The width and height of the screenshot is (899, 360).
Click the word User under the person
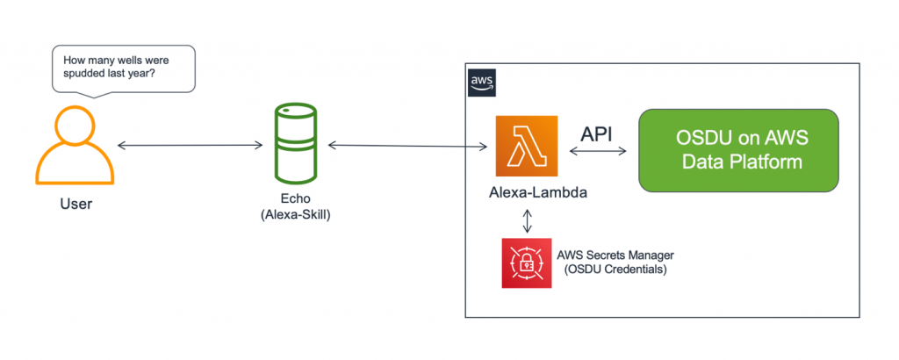coord(76,204)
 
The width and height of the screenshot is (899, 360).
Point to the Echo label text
coord(296,198)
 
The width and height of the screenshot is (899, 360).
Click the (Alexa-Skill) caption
coord(296,214)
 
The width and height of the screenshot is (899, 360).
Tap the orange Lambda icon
coord(527,146)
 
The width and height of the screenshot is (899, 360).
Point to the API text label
coord(598,133)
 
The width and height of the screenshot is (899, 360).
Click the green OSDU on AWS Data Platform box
coord(737,150)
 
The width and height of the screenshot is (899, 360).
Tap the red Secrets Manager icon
coord(526,263)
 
